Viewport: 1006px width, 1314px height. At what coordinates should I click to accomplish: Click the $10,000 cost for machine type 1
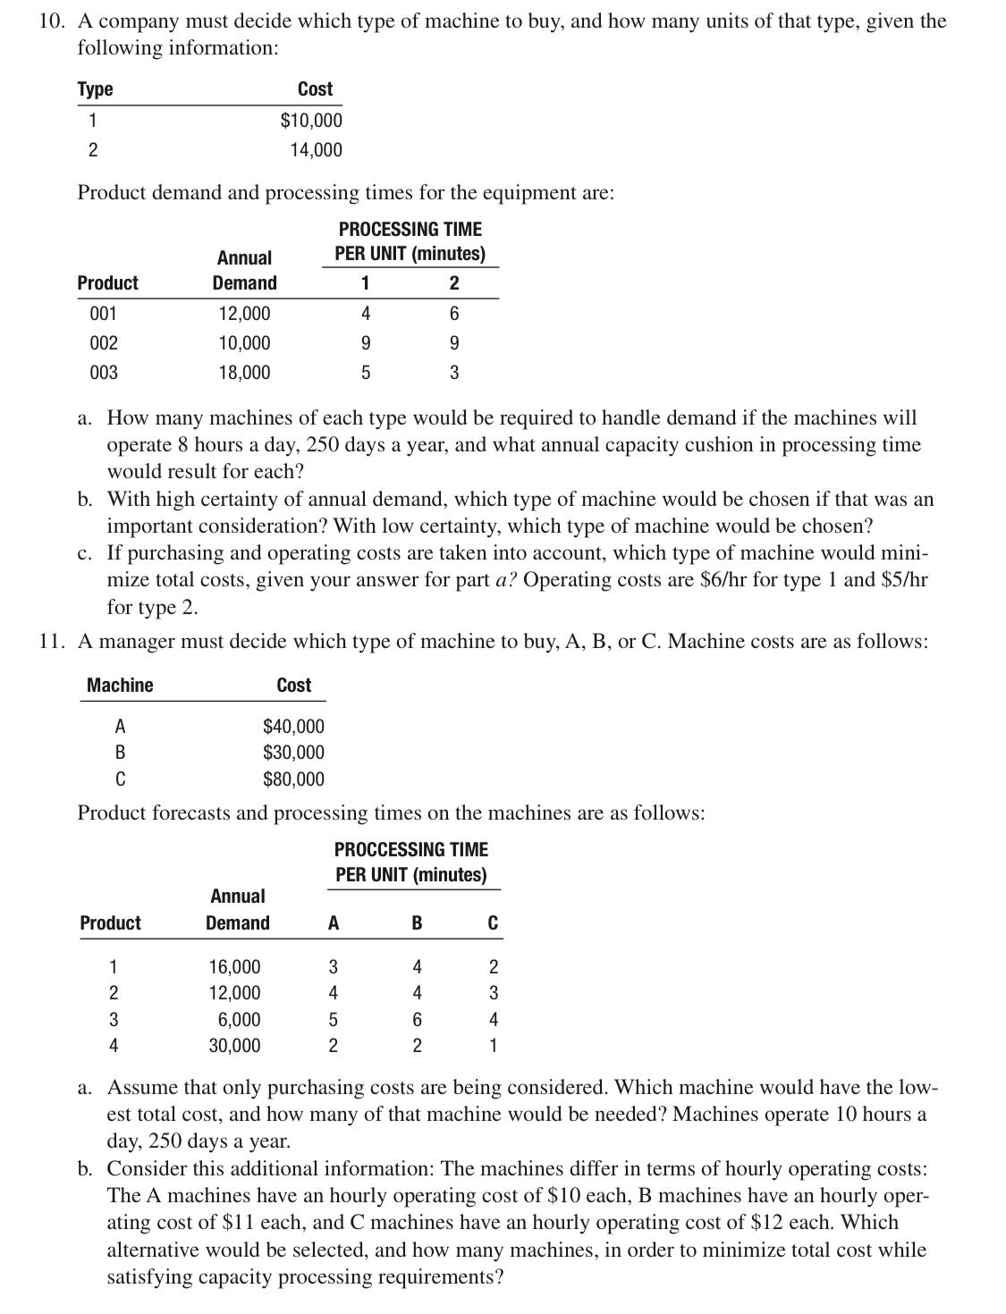(311, 120)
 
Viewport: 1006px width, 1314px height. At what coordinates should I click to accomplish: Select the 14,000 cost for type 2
(316, 150)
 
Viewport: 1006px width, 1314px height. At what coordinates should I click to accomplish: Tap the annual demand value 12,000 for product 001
(244, 313)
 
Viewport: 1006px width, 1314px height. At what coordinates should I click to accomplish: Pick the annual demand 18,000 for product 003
(244, 373)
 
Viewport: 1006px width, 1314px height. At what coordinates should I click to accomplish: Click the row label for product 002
(104, 343)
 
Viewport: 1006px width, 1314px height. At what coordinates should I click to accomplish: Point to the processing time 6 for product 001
(454, 313)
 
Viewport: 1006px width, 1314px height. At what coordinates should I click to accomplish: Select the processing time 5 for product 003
(365, 373)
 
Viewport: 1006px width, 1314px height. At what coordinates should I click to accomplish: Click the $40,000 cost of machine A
(293, 727)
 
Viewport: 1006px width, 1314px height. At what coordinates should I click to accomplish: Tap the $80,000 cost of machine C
(293, 779)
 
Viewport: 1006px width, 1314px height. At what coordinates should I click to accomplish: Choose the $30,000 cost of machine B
(293, 753)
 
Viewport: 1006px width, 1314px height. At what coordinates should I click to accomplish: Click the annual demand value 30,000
(234, 1046)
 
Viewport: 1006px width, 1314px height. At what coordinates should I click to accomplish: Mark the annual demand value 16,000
(234, 967)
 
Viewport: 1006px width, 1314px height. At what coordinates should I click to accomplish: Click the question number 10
(50, 21)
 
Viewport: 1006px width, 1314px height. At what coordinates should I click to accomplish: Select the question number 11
(50, 642)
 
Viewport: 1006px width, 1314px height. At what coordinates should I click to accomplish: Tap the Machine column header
(120, 686)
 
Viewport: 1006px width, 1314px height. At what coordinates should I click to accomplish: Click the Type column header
(95, 89)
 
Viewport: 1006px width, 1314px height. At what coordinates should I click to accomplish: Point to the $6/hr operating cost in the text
(719, 580)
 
